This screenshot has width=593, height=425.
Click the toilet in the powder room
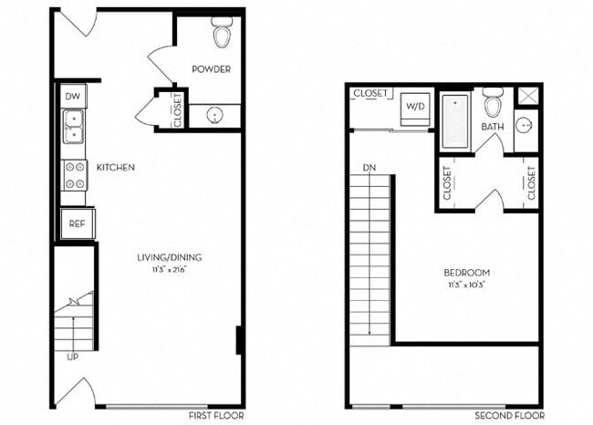[x=222, y=33]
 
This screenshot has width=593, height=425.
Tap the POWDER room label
[x=211, y=69]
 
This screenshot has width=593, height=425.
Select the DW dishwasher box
[x=73, y=96]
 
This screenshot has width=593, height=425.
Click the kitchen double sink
[x=73, y=127]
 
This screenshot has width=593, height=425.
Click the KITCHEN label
[x=116, y=168]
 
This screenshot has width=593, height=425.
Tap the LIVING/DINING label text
[x=170, y=258]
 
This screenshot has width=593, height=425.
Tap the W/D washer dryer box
[x=415, y=107]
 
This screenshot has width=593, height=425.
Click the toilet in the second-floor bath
[x=493, y=101]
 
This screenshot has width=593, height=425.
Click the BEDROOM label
[x=466, y=273]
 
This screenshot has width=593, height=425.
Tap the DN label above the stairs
[x=369, y=168]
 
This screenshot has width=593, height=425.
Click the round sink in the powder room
[x=214, y=116]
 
